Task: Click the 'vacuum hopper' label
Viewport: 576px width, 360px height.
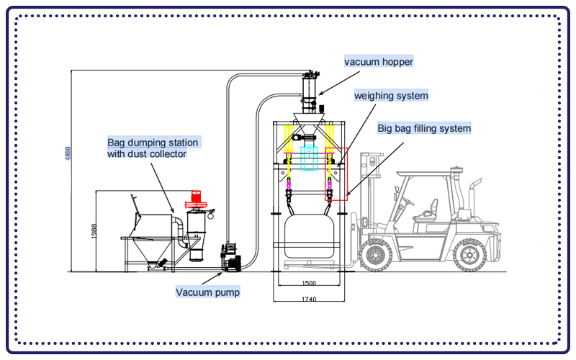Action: [x=379, y=62]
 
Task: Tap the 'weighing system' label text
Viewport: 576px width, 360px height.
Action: [x=391, y=95]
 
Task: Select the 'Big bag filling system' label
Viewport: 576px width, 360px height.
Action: [x=424, y=128]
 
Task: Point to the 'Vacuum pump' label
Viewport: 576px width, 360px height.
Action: [x=208, y=292]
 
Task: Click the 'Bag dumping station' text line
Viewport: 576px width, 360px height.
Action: [x=153, y=142]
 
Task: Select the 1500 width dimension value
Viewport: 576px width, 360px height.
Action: [x=309, y=283]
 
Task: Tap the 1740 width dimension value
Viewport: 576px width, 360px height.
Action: [x=309, y=297]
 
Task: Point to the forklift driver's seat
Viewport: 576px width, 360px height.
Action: [x=430, y=210]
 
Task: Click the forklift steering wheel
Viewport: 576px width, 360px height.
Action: [x=408, y=199]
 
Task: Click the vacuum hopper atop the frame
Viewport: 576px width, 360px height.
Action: [x=310, y=90]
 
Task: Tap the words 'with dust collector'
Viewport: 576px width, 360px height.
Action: [x=147, y=153]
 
